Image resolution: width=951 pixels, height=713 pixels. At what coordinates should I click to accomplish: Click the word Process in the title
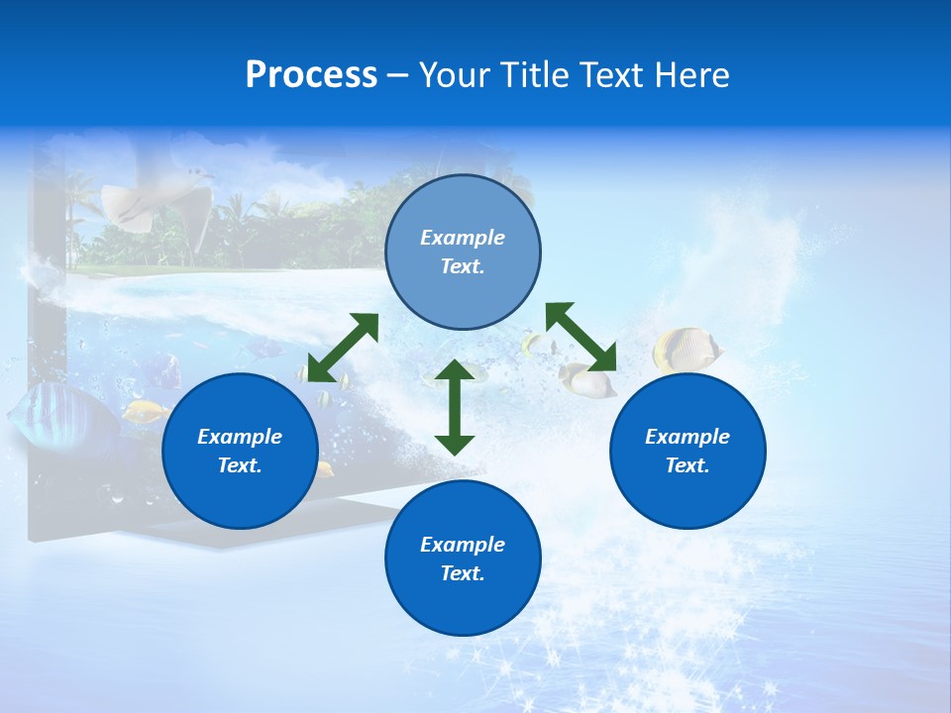click(x=311, y=75)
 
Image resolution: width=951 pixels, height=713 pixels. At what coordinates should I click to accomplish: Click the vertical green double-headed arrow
click(x=455, y=407)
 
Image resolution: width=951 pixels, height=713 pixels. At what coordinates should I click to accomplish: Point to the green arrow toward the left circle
click(x=343, y=347)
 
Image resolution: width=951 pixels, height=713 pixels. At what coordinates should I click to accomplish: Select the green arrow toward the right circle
click(x=581, y=337)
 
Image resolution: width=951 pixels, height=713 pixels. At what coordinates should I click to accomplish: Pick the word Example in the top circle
click(x=463, y=238)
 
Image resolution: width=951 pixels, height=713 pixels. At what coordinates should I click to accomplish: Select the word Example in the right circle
click(x=687, y=437)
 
